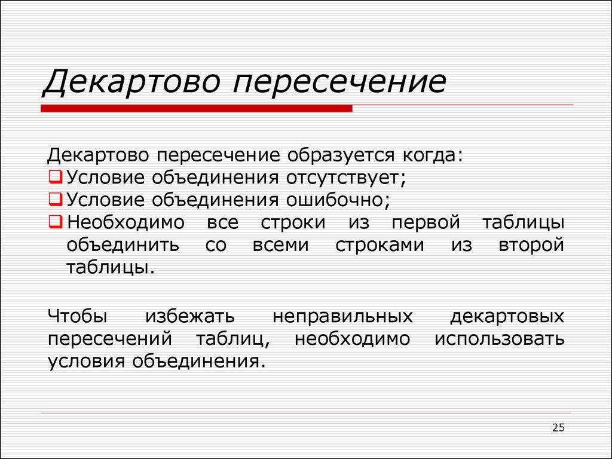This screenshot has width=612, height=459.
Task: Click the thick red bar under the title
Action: click(x=197, y=109)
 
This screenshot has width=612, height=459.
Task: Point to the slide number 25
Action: click(x=558, y=427)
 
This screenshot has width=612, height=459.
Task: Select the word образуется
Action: click(x=338, y=155)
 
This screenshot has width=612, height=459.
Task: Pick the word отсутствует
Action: click(x=346, y=178)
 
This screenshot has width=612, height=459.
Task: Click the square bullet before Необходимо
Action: click(x=54, y=222)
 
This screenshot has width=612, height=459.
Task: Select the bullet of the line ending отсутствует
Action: click(x=54, y=178)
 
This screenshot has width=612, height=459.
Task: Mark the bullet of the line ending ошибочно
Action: click(x=54, y=200)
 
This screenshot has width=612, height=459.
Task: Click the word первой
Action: click(x=426, y=223)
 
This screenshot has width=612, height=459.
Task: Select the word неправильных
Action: click(x=342, y=316)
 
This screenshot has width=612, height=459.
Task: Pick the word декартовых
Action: click(x=507, y=316)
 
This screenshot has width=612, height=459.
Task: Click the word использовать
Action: click(x=499, y=339)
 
